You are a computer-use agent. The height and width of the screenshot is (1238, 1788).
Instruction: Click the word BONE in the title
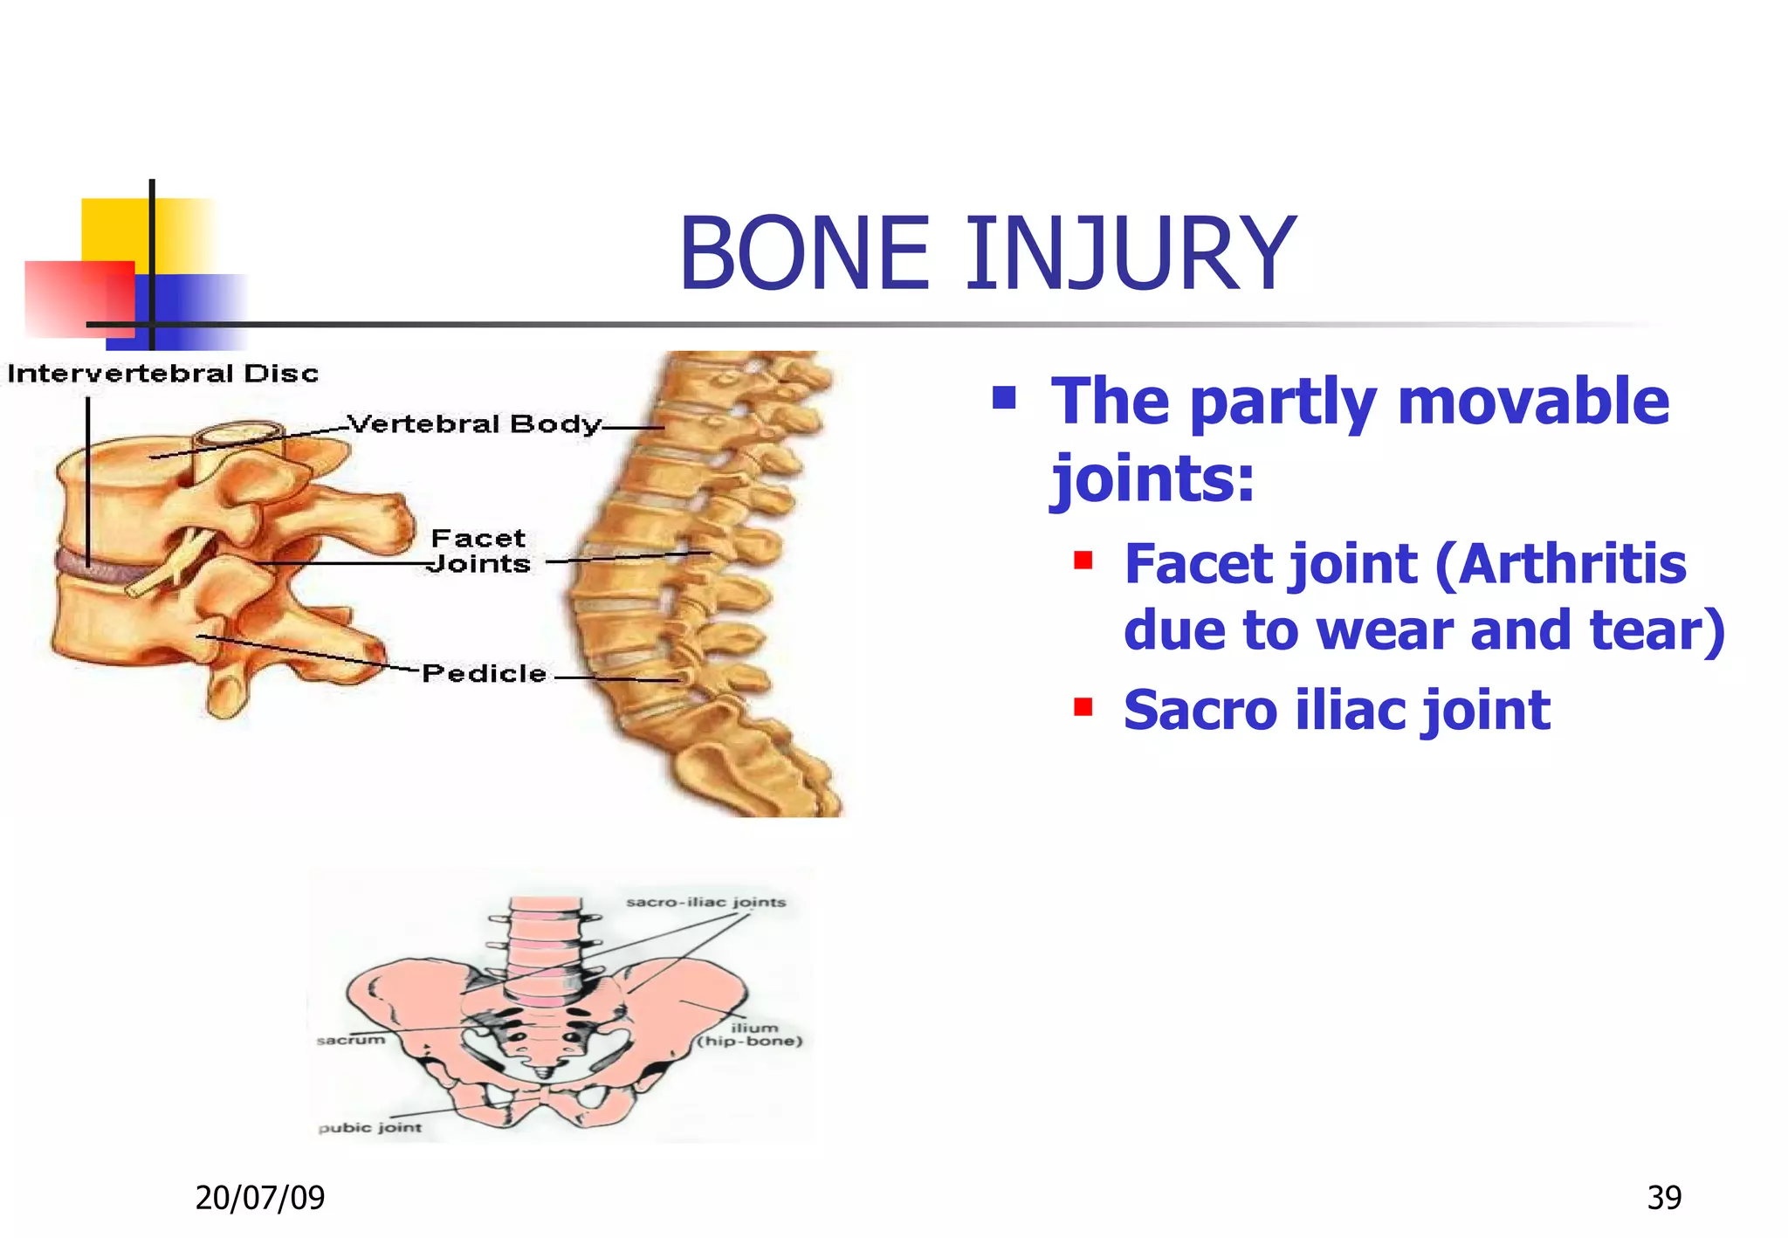[x=804, y=254]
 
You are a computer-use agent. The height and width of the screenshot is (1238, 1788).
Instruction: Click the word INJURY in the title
[x=1130, y=254]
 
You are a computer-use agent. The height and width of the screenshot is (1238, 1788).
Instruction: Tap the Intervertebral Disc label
[x=163, y=374]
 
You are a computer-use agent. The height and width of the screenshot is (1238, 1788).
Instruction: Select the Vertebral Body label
[x=474, y=424]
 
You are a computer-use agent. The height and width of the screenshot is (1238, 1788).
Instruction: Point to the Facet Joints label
[x=479, y=551]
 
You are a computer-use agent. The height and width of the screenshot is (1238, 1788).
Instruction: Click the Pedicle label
[x=484, y=673]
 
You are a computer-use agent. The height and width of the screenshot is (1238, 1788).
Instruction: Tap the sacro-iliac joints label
[x=705, y=902]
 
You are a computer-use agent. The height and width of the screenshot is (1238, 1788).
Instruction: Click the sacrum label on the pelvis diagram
[x=350, y=1040]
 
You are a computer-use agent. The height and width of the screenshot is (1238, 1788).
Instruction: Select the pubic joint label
[x=369, y=1127]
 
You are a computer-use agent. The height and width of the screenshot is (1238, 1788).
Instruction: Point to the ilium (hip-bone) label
[x=750, y=1035]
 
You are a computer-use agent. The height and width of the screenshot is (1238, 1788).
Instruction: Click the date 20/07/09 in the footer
[x=259, y=1197]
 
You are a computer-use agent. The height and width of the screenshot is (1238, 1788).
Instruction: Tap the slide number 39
[x=1663, y=1197]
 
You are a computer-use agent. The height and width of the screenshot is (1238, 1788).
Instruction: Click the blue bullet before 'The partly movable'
[x=1004, y=399]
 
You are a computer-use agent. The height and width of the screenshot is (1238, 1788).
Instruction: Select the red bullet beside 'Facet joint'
[x=1083, y=560]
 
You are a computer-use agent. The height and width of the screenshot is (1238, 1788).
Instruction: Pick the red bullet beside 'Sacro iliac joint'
[x=1083, y=705]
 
